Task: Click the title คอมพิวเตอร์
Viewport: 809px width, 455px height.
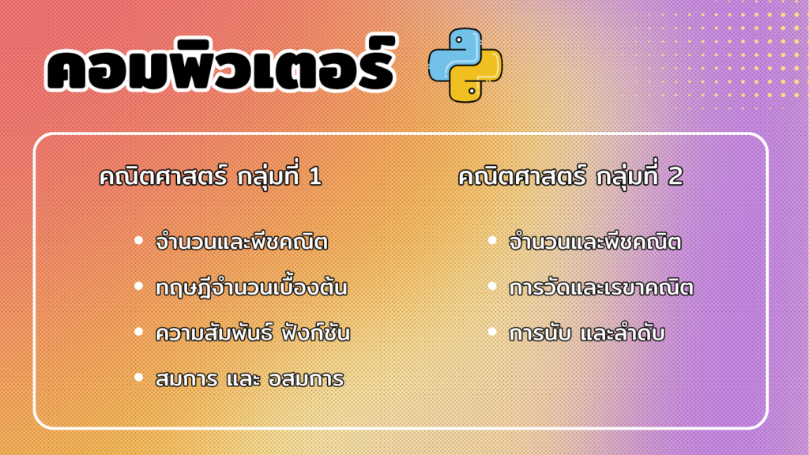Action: [221, 66]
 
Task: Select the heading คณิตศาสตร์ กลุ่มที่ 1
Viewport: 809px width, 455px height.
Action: [210, 177]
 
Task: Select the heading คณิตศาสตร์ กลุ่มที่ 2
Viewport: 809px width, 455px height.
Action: [570, 177]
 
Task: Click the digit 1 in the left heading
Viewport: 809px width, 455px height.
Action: [314, 177]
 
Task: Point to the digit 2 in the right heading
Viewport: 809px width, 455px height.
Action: [675, 177]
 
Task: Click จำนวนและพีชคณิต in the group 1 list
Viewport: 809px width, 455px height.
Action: [242, 242]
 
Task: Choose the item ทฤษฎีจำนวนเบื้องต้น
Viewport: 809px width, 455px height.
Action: [251, 288]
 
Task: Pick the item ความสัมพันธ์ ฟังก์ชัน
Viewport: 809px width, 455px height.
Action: [253, 333]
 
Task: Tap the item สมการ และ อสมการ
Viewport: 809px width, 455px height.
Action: [250, 379]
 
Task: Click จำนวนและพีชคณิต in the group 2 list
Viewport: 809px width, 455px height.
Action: [595, 242]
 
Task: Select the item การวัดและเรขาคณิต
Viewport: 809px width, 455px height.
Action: [601, 288]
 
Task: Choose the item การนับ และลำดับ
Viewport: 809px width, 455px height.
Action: [587, 333]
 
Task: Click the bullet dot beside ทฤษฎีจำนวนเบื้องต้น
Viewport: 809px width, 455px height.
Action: [138, 286]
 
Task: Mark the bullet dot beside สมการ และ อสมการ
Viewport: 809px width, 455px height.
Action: [138, 378]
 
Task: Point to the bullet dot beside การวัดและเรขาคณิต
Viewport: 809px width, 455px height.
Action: [492, 286]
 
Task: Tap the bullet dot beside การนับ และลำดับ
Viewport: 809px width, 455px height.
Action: [492, 332]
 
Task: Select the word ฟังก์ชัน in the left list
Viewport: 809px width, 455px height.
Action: [316, 333]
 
